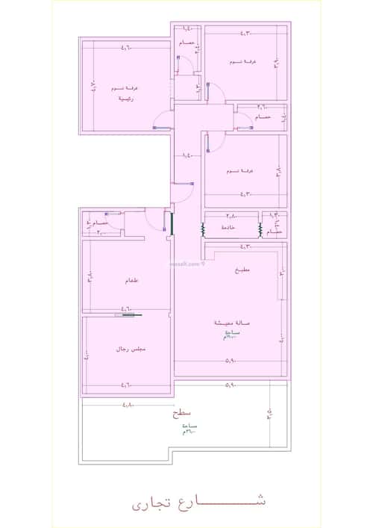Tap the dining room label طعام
[x=128, y=282]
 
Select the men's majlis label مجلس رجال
[x=128, y=350]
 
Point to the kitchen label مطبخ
[x=242, y=270]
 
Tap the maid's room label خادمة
[x=228, y=227]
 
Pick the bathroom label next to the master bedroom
[x=186, y=44]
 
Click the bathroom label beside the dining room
[x=97, y=223]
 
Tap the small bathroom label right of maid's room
[x=273, y=232]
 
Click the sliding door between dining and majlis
[x=128, y=316]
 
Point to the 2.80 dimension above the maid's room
[x=231, y=215]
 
